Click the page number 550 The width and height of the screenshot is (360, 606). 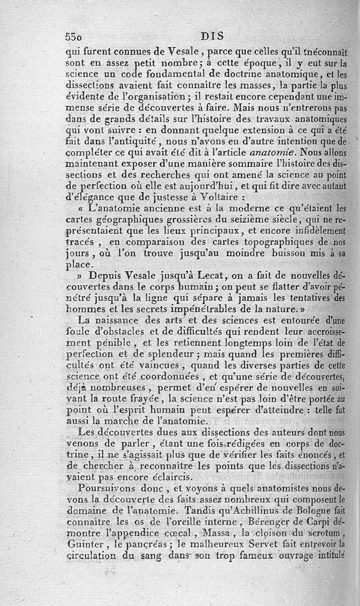[x=75, y=37]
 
